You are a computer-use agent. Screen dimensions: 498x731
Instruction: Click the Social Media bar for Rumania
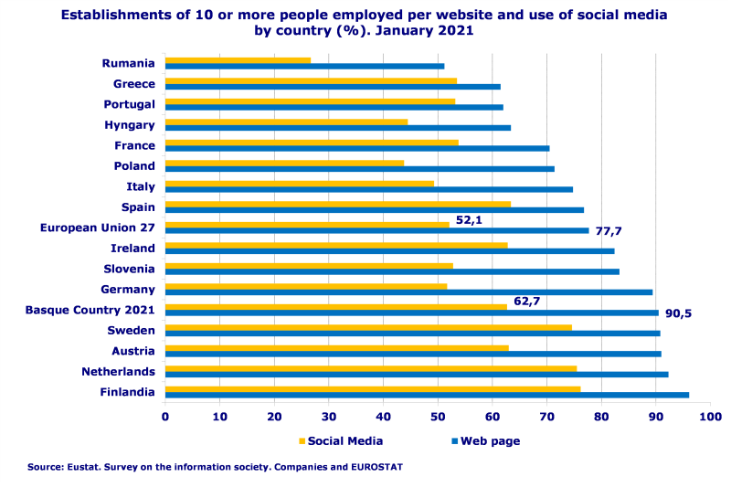tap(238, 60)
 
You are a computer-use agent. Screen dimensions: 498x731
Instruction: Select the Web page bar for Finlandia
tap(427, 395)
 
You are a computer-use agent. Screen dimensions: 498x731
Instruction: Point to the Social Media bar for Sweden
tap(368, 327)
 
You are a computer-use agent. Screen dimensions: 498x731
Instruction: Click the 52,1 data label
tap(469, 220)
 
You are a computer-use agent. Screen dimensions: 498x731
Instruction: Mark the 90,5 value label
tap(678, 313)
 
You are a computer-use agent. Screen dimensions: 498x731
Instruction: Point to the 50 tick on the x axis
tap(438, 418)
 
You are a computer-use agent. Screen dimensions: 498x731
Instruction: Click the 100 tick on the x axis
tap(710, 418)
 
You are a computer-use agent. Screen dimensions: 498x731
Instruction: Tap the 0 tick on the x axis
tap(165, 418)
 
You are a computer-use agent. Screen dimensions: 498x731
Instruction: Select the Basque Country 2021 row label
tap(90, 310)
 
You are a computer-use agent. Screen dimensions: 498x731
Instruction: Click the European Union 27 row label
tap(98, 228)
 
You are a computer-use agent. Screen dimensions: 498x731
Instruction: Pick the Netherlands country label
tap(118, 372)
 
